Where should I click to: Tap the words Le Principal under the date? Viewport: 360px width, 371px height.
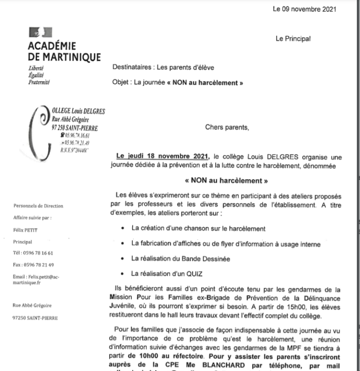click(x=293, y=39)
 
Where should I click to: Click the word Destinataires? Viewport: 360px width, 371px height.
click(x=133, y=67)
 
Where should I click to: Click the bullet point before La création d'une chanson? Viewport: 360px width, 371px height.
click(x=122, y=228)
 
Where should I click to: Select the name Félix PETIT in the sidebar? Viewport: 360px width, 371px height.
click(x=24, y=230)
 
